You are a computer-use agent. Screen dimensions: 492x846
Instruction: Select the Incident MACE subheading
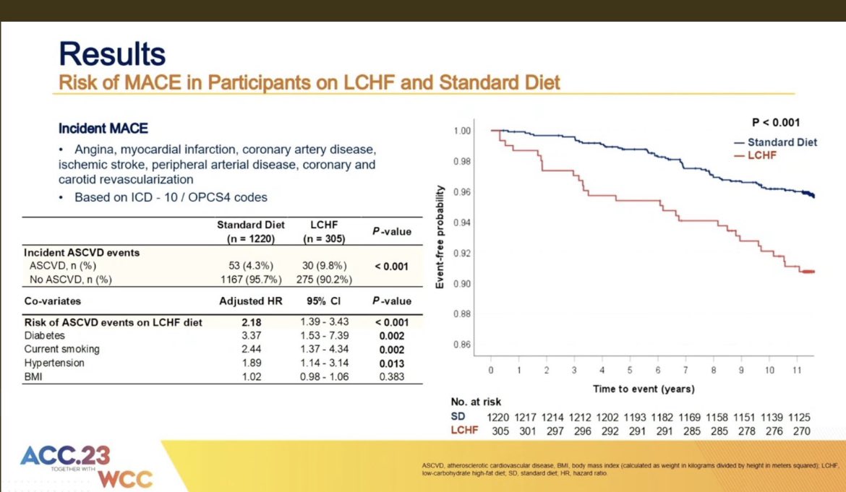[103, 128]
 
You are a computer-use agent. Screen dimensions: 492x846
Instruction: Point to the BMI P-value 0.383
[392, 377]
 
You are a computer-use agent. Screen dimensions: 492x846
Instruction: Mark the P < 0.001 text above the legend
[774, 123]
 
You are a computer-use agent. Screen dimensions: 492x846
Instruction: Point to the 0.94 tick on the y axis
[462, 223]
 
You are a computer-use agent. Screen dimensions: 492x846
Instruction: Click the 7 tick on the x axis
[685, 370]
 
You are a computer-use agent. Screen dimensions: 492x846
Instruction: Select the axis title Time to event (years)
[644, 389]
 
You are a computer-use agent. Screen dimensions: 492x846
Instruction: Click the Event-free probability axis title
[439, 236]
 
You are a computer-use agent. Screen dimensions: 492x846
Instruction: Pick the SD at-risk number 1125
[800, 418]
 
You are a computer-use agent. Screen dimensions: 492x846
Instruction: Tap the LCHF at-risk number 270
[800, 431]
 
